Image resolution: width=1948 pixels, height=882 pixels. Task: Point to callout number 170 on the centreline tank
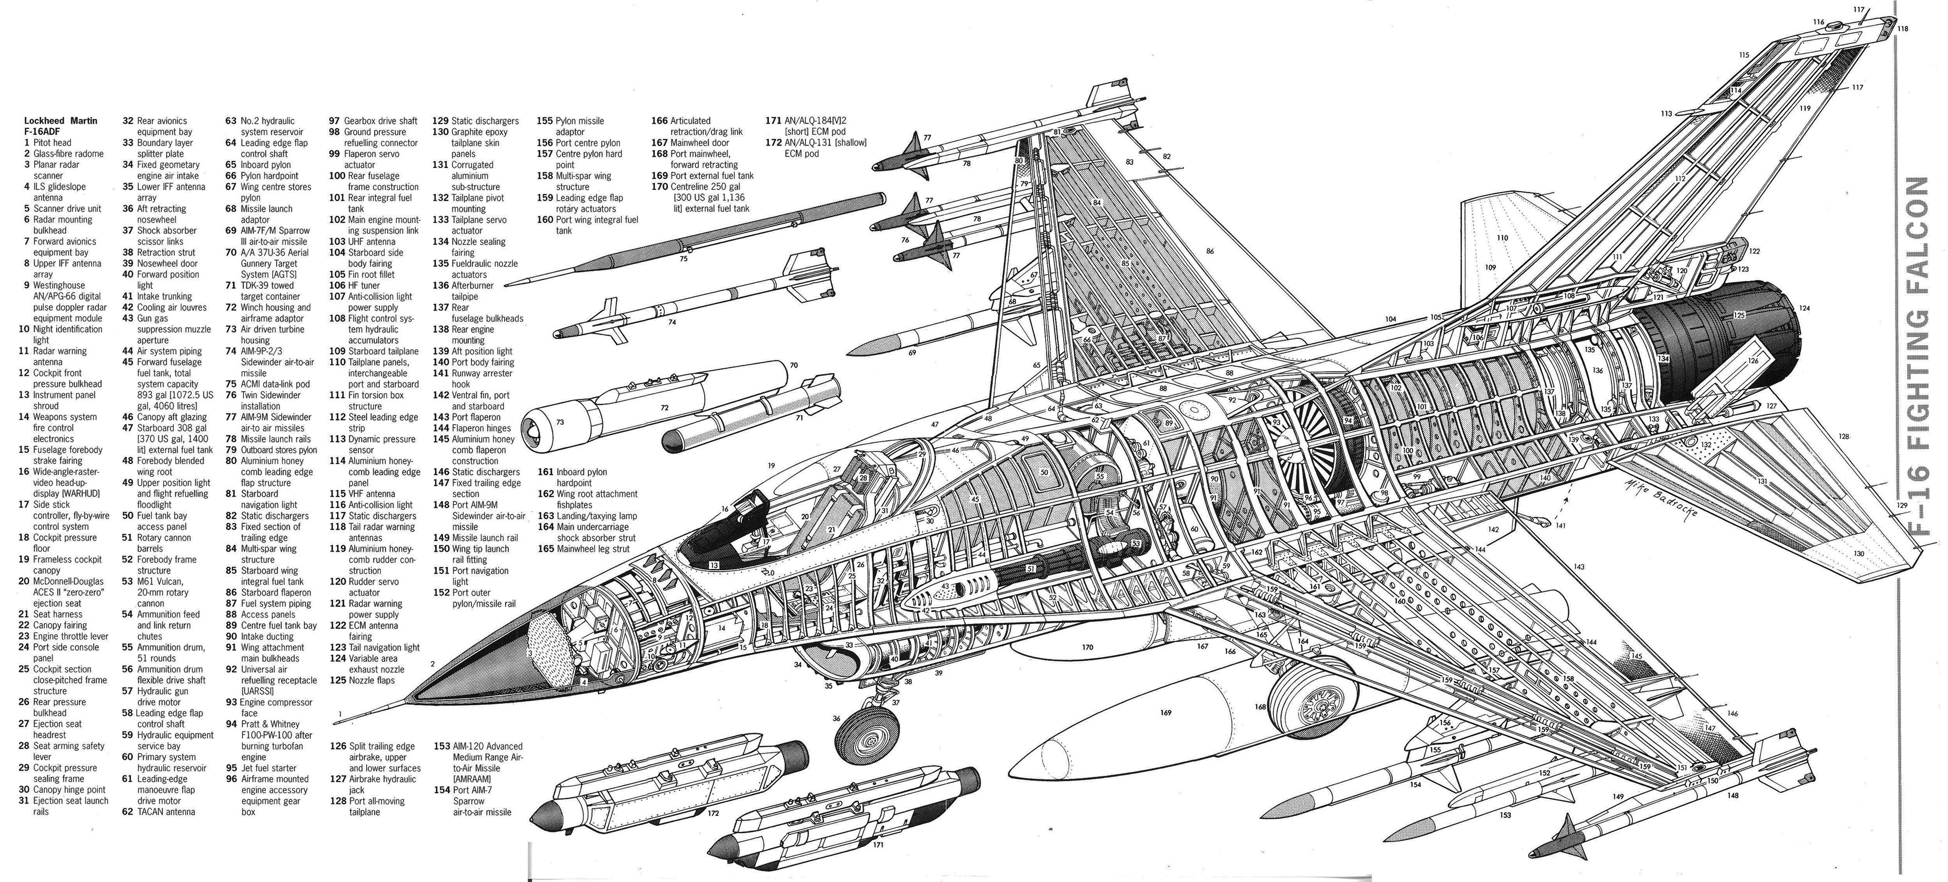click(1087, 648)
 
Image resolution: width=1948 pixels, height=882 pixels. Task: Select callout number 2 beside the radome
click(432, 664)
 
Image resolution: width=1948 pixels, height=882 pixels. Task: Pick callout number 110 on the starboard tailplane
click(1502, 238)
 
